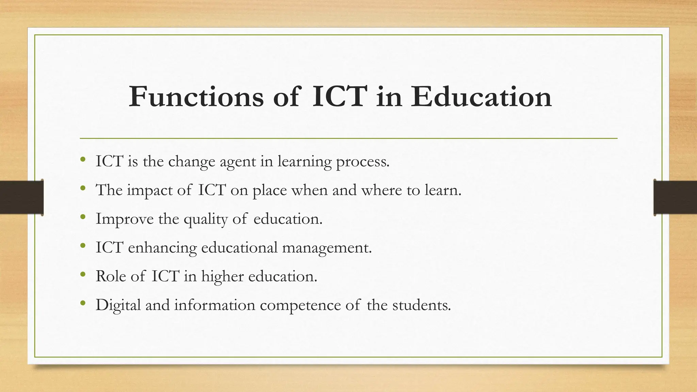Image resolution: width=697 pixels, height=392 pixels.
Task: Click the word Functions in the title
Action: coord(196,97)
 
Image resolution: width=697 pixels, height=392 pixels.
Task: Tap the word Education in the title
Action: coord(481,97)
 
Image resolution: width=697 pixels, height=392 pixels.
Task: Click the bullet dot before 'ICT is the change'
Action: coord(83,159)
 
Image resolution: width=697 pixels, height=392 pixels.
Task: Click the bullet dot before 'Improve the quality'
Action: coord(83,217)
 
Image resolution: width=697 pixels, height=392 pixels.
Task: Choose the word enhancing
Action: coord(162,248)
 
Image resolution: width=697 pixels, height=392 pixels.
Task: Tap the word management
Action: coord(327,248)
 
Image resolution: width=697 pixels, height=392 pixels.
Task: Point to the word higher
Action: coord(222,276)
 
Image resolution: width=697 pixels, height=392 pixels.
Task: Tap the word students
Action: coord(421,305)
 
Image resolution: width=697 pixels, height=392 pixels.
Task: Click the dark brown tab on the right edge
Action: coord(675,197)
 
